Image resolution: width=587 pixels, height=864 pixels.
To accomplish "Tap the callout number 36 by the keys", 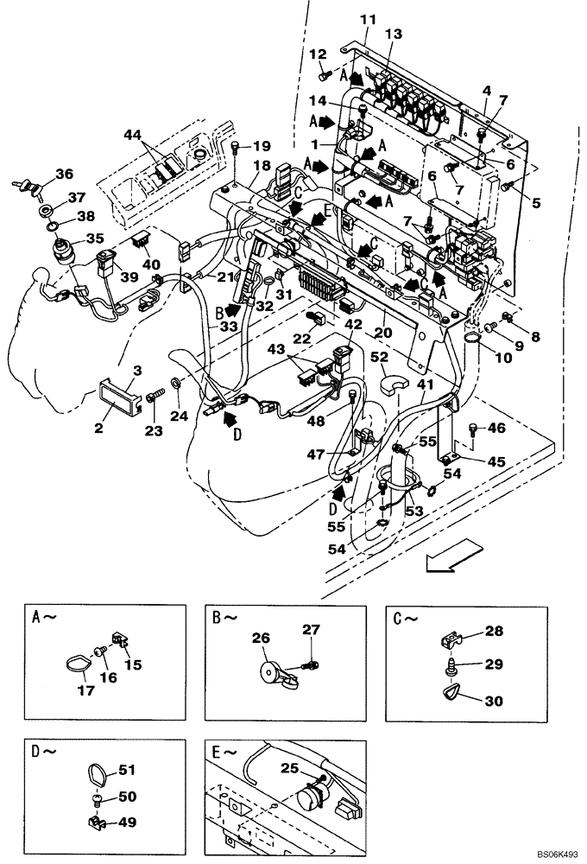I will point(64,174).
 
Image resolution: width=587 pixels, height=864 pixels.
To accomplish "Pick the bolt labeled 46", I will point(473,429).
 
